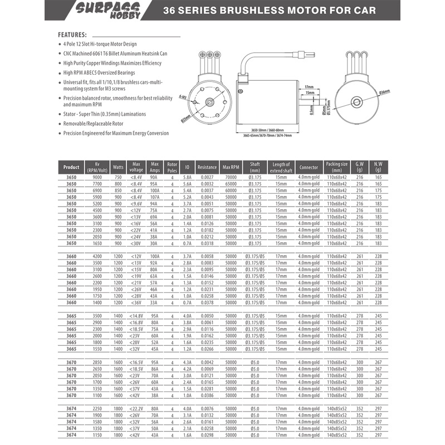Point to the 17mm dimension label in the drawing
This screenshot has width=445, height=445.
(x=309, y=87)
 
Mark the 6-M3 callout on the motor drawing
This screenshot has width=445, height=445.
(x=183, y=96)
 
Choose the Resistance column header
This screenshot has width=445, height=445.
(x=207, y=167)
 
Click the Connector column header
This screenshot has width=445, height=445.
(x=308, y=167)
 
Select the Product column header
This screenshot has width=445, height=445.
(x=71, y=167)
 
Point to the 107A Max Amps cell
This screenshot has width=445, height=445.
(x=154, y=197)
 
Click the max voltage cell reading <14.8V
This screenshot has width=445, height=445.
(x=136, y=316)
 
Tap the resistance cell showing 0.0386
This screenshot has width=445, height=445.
(x=207, y=395)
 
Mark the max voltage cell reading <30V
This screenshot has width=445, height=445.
(x=136, y=243)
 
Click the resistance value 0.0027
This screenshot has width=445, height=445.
(x=207, y=177)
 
